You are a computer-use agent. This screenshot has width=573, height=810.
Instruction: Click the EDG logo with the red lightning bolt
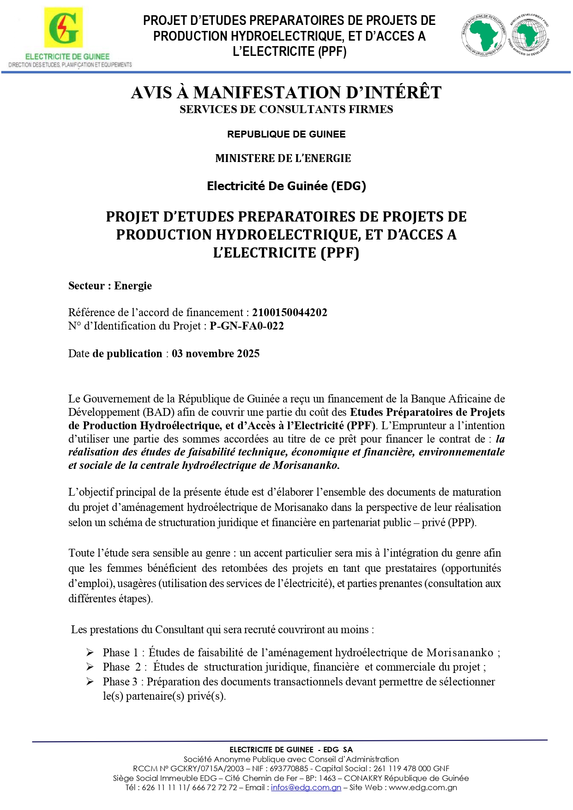63,28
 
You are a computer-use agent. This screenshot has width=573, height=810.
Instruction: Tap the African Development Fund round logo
529,35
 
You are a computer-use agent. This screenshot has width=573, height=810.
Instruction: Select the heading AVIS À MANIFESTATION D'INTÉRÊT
286,93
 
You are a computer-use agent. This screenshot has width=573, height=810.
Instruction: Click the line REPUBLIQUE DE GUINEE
286,134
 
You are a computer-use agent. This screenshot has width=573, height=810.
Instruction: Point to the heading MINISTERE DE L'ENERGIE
283,158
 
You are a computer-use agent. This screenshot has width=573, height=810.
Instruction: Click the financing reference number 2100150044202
290,312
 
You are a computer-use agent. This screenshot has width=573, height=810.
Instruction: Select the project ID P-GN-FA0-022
247,326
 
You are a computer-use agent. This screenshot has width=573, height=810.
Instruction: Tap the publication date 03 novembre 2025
216,354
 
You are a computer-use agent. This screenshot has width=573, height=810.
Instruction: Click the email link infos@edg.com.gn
306,787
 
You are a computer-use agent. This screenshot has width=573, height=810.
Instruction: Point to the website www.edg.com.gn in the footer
422,787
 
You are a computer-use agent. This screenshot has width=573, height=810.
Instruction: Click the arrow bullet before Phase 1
90,653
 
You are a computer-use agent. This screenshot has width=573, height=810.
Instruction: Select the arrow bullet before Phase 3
90,682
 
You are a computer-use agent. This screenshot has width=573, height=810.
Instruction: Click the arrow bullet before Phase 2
90,667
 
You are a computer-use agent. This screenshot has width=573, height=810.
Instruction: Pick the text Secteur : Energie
110,286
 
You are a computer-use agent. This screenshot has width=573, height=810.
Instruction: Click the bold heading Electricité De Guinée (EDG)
286,186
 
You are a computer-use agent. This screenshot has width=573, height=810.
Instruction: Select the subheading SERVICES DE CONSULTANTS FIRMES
286,109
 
